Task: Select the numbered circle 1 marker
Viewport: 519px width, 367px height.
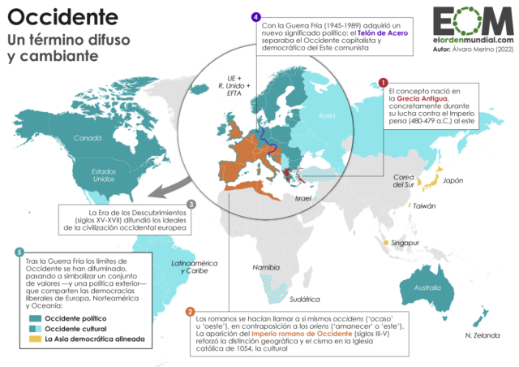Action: point(383,82)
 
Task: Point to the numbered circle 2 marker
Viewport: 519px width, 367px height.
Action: point(190,312)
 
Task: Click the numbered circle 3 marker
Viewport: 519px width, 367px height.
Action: point(191,204)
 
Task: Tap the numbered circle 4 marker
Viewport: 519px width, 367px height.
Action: point(256,16)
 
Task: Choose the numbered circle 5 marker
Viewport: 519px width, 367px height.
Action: point(19,252)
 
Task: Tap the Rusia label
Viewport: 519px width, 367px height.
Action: point(326,115)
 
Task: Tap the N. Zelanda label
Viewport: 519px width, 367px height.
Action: point(480,335)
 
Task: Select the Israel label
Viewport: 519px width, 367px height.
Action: point(303,197)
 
